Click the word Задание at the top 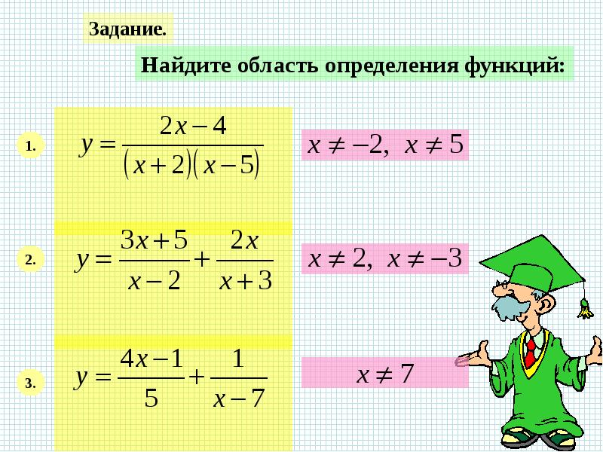pos(127,29)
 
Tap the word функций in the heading pos(514,66)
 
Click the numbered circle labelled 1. pos(30,146)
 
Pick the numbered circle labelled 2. pos(30,260)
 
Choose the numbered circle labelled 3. pos(30,383)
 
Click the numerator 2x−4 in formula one pos(193,126)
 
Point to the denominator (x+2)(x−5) pos(192,166)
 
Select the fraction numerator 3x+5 pos(155,240)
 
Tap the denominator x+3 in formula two pos(246,280)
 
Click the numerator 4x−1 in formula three pos(152,359)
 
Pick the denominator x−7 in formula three pos(239,398)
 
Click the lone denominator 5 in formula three pos(152,399)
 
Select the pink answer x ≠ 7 pos(385,372)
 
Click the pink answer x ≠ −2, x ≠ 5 pos(385,145)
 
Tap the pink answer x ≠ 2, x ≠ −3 pos(385,258)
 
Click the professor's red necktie pos(531,352)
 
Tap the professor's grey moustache pos(510,306)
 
